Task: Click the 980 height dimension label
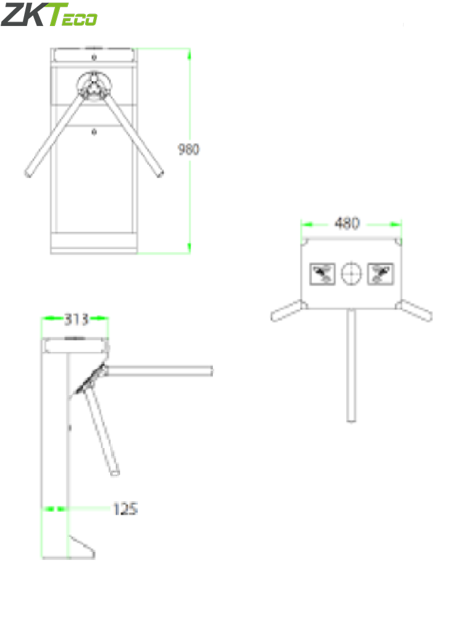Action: coord(189,149)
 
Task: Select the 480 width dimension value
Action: coord(347,223)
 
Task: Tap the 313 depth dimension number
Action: coord(77,319)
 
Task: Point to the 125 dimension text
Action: coord(125,509)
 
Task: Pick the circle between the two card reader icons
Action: coord(351,273)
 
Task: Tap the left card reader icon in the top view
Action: coord(322,273)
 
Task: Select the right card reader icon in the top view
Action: coord(380,273)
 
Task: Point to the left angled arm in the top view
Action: coord(288,311)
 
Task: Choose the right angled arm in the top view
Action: coord(415,311)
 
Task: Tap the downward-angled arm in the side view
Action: coord(103,432)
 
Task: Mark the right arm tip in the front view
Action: coord(160,172)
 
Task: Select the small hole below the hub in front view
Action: coord(94,131)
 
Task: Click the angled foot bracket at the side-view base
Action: coord(80,546)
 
